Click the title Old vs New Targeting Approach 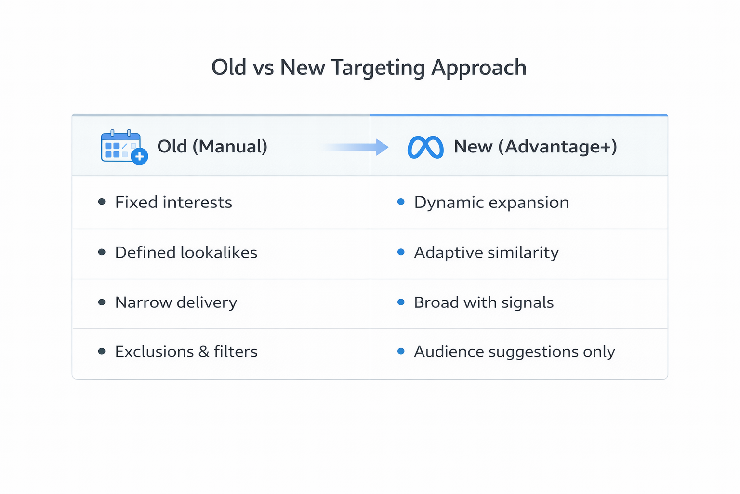(369, 68)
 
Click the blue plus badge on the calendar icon (140, 156)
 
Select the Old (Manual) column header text (212, 146)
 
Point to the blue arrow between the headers (357, 147)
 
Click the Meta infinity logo (425, 147)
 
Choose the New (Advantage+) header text (535, 146)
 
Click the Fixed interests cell (173, 202)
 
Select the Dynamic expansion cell (491, 203)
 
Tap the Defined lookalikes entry (186, 252)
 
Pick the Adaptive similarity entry (486, 252)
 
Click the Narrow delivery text (176, 302)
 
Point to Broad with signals (484, 302)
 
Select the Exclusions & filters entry (186, 352)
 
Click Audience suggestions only (514, 352)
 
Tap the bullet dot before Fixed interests (102, 202)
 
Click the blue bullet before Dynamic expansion (401, 202)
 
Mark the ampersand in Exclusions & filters (204, 352)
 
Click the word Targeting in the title (378, 68)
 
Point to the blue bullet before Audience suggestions (401, 351)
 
